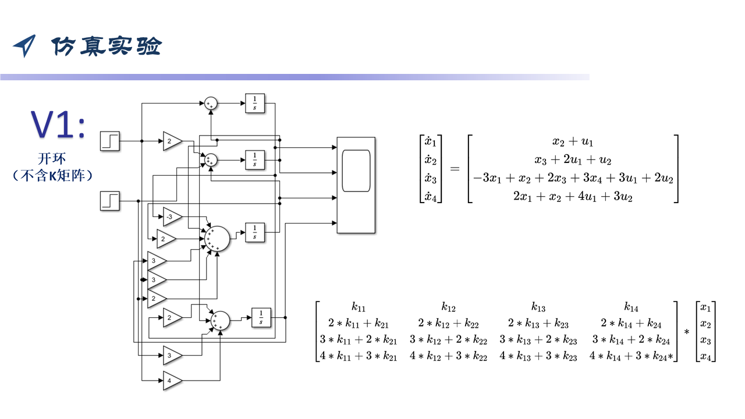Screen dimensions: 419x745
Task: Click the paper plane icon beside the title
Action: click(x=24, y=45)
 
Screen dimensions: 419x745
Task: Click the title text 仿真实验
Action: click(x=107, y=46)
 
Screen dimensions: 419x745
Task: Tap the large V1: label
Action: click(x=58, y=124)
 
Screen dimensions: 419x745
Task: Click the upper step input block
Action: click(x=110, y=141)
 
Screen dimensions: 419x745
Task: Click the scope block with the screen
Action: click(x=356, y=185)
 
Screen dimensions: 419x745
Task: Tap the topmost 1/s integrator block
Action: click(x=255, y=103)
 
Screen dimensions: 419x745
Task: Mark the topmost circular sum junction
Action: click(x=211, y=104)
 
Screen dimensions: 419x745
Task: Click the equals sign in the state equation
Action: click(x=455, y=169)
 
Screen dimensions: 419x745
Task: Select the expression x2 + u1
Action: click(x=573, y=141)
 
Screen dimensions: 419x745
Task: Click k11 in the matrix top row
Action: click(x=358, y=307)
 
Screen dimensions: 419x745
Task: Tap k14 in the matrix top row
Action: click(x=631, y=307)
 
